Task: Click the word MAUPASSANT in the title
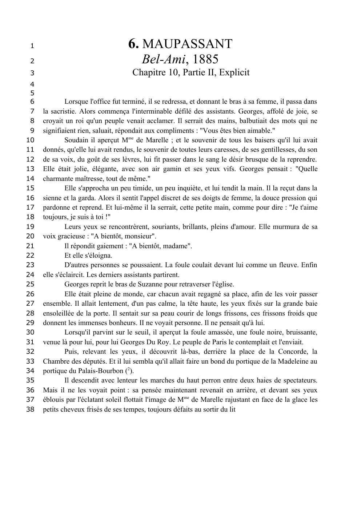point(187,44)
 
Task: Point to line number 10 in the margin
point(31,140)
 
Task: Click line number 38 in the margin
point(31,409)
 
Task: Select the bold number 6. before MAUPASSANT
point(133,44)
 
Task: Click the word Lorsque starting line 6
point(76,102)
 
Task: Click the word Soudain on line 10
point(76,140)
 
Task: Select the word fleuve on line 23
point(288,265)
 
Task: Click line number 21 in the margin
point(31,246)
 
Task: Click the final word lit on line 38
point(232,409)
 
